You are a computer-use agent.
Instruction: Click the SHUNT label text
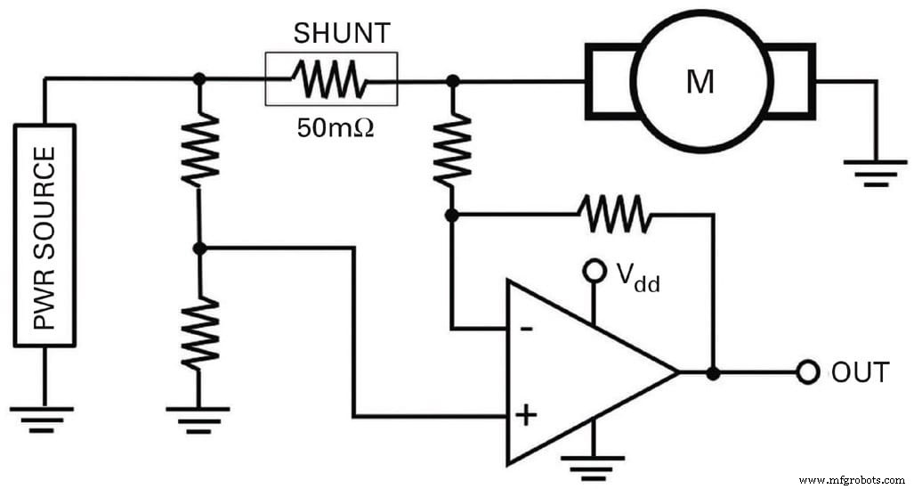point(342,34)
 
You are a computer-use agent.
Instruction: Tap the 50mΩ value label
point(335,127)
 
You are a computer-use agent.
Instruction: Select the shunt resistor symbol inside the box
point(332,79)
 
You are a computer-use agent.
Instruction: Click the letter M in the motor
point(700,82)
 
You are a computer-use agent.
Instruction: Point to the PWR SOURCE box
point(44,235)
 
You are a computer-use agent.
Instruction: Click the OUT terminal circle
point(806,372)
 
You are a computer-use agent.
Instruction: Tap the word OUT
point(859,372)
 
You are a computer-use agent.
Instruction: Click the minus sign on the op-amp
point(526,329)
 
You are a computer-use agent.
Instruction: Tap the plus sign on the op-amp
point(526,415)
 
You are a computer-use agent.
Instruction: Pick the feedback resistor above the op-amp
point(613,214)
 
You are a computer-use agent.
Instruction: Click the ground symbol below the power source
point(43,416)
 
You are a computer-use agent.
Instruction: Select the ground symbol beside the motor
point(875,171)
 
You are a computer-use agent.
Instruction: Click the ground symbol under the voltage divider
point(198,416)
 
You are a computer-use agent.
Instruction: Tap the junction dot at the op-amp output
point(712,372)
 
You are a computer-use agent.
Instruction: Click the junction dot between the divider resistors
point(198,248)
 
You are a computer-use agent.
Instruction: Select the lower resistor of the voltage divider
point(198,333)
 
